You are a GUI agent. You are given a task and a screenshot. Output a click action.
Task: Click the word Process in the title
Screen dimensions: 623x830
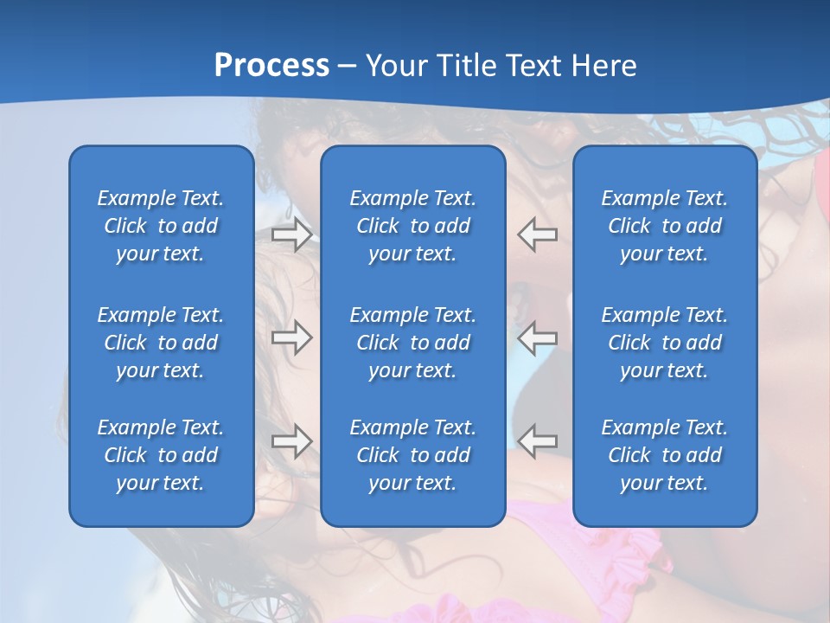(x=271, y=66)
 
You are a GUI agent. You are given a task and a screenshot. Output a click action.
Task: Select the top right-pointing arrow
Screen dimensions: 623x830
(x=291, y=234)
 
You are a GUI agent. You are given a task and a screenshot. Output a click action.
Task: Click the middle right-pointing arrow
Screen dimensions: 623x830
(x=291, y=337)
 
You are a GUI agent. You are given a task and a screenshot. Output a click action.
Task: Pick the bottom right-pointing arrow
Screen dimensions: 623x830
(x=291, y=441)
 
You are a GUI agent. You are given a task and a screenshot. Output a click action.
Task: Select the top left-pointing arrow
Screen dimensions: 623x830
(x=538, y=234)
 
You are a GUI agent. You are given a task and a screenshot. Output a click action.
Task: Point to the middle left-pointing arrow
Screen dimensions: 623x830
(x=538, y=337)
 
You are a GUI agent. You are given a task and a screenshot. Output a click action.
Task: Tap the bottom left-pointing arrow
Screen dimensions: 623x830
(x=538, y=441)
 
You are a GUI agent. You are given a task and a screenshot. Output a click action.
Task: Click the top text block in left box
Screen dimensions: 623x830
(x=161, y=226)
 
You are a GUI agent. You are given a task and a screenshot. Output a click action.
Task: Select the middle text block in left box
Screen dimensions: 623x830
(x=161, y=343)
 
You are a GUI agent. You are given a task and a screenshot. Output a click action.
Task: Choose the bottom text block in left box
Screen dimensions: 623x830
(x=161, y=455)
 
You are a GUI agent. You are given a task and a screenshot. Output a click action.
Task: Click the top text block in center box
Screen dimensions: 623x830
(x=412, y=226)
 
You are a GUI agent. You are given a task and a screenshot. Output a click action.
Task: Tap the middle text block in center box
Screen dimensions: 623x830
(x=412, y=343)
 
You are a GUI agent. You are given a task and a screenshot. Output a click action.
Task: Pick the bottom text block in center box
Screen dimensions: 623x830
(x=412, y=455)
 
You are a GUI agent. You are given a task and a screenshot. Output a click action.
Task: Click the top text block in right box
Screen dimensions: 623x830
(x=665, y=226)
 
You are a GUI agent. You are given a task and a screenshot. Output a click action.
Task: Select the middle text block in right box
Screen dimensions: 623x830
(x=665, y=343)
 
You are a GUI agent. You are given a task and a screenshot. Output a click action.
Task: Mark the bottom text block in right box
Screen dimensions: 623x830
(x=665, y=455)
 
